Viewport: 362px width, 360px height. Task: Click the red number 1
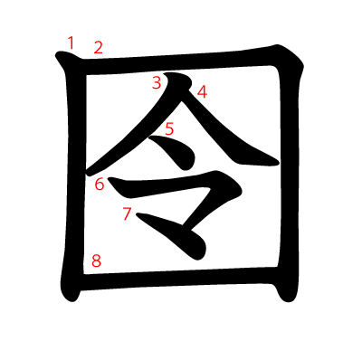coord(71,43)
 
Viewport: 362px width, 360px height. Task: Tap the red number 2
coord(98,48)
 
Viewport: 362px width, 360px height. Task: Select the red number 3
coord(157,82)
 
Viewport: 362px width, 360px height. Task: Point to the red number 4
coord(202,92)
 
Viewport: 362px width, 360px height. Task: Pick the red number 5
coord(169,128)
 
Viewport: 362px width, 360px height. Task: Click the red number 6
coord(100,184)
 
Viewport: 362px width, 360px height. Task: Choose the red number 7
coord(127,213)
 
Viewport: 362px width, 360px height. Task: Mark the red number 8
coord(96,261)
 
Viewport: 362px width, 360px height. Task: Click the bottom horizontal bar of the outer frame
coord(178,278)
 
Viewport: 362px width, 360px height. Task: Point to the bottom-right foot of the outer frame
coord(288,294)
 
